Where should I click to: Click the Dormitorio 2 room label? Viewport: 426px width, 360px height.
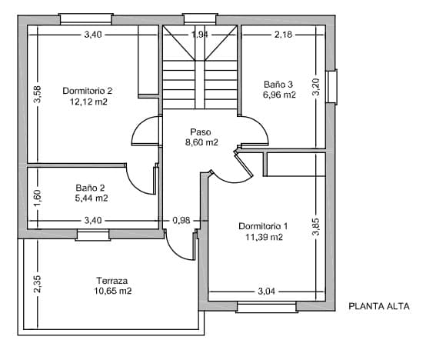(87, 91)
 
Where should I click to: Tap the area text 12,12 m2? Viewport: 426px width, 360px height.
(87, 102)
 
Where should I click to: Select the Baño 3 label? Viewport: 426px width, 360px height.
(278, 85)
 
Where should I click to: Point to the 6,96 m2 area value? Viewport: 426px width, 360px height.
(278, 95)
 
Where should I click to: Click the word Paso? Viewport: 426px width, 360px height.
(201, 132)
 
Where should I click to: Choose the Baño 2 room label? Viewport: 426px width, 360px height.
(91, 188)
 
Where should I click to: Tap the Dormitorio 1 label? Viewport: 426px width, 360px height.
(263, 226)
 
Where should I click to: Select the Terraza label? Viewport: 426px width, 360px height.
(112, 281)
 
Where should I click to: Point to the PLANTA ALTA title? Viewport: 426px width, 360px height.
(379, 306)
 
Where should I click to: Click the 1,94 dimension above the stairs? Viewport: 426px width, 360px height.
(199, 35)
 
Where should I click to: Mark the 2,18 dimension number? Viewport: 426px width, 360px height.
(283, 35)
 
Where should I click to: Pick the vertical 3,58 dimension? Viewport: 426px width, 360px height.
(38, 95)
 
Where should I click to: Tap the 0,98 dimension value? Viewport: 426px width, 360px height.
(181, 221)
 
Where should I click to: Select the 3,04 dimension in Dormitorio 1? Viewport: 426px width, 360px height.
(266, 292)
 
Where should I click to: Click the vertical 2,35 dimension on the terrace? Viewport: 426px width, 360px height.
(38, 284)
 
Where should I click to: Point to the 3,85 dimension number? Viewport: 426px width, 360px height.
(315, 228)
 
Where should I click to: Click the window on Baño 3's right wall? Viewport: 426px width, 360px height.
(331, 86)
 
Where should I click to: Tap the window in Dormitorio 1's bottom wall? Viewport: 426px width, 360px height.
(266, 308)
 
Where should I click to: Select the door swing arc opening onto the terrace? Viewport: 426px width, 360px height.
(179, 248)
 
